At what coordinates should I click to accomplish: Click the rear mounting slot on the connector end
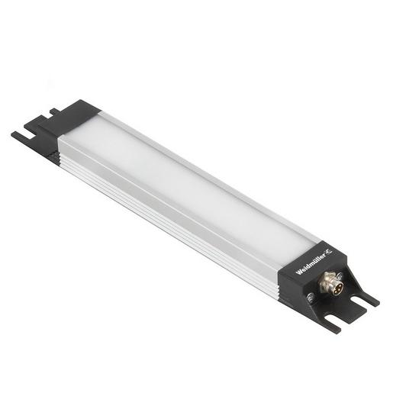pyautogui.click(x=366, y=294)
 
